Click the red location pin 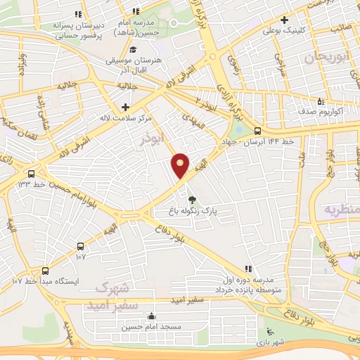181,165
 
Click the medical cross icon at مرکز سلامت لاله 125,107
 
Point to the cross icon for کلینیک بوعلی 284,20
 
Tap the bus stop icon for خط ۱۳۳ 31,174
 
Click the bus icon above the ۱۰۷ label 80,246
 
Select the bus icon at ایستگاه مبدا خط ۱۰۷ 46,271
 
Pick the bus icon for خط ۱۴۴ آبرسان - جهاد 258,131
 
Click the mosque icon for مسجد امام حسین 152,316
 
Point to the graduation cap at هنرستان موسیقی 134,49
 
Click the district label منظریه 342,210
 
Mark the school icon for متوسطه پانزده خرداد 247,269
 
